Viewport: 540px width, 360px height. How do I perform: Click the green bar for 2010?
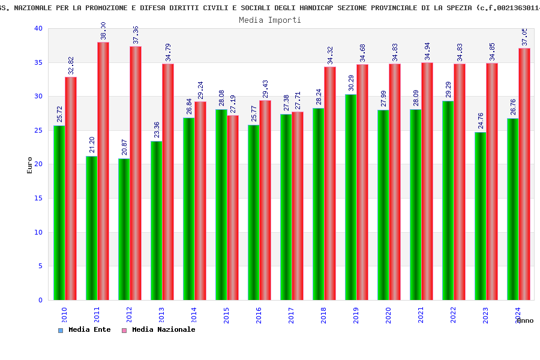(x=59, y=212)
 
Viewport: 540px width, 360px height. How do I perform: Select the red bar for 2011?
(x=103, y=171)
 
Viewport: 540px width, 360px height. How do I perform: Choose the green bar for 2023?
(x=480, y=216)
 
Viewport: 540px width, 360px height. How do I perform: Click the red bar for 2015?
(x=233, y=208)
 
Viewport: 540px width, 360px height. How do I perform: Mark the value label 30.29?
(x=351, y=83)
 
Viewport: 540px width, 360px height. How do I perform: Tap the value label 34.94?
(x=427, y=51)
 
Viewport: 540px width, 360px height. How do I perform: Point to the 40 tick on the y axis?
(x=38, y=28)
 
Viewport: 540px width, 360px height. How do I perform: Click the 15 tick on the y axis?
(x=38, y=198)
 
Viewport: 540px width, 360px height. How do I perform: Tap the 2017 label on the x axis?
(x=292, y=315)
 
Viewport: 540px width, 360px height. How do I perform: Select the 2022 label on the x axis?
(x=454, y=315)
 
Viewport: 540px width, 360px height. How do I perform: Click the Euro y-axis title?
(x=30, y=165)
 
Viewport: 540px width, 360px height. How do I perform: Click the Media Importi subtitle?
(x=270, y=20)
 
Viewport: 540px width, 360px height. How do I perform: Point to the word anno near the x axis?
(x=524, y=320)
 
